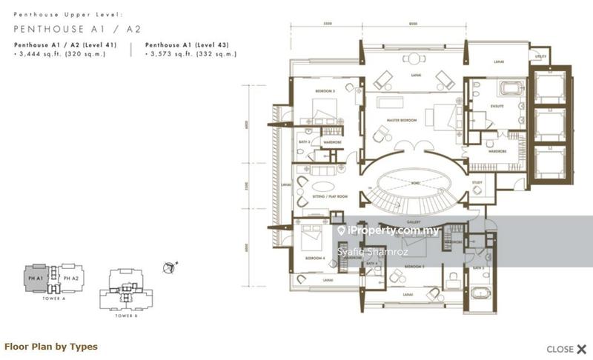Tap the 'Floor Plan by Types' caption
[51, 346]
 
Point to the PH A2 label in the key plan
[71, 278]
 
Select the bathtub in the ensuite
[512, 89]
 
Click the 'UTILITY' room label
[541, 56]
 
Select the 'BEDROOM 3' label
[325, 91]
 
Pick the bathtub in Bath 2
[481, 293]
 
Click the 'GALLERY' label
[414, 221]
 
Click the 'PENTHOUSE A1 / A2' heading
[77, 29]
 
